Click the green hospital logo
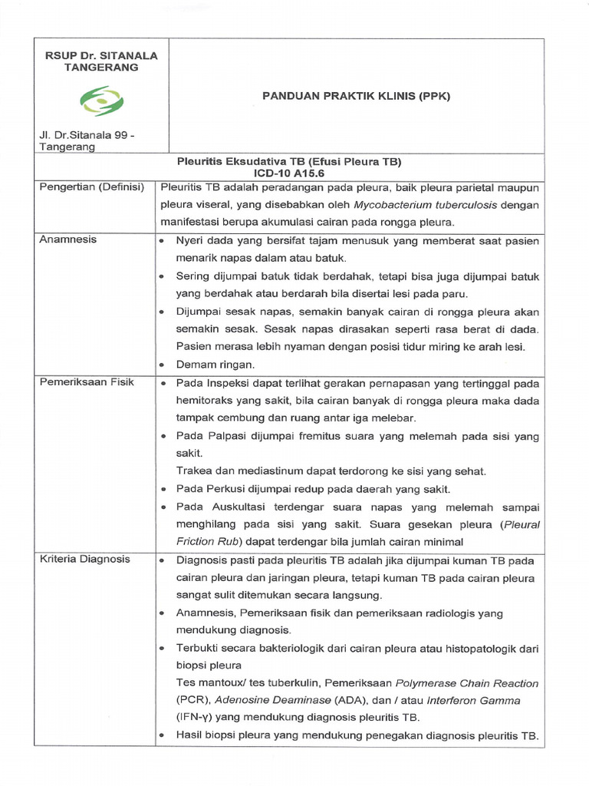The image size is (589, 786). click(x=103, y=101)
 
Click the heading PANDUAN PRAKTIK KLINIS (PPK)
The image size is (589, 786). click(x=356, y=96)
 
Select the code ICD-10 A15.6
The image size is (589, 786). click(x=289, y=173)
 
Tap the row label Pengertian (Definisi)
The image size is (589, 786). click(x=92, y=188)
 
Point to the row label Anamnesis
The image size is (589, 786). click(x=68, y=239)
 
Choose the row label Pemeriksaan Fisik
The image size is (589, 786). click(x=87, y=381)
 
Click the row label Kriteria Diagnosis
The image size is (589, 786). click(x=85, y=559)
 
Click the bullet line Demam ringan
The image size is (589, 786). click(x=215, y=364)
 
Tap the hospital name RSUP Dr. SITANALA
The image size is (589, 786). click(x=101, y=55)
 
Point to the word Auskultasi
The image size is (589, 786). click(x=235, y=507)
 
